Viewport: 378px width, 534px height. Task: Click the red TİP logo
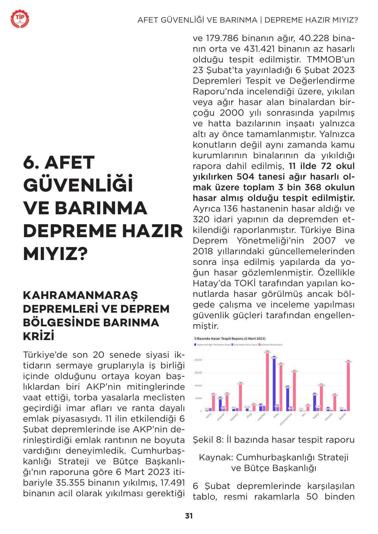(x=20, y=19)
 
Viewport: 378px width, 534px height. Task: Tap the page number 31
(x=189, y=516)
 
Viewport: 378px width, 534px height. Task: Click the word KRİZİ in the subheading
(x=39, y=336)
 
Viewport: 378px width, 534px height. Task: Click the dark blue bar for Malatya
(x=314, y=402)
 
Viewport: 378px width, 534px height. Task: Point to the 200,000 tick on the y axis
(x=198, y=360)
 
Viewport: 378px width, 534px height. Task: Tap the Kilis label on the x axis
(x=303, y=415)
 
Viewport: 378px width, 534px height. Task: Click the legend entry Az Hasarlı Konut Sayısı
(x=271, y=345)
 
